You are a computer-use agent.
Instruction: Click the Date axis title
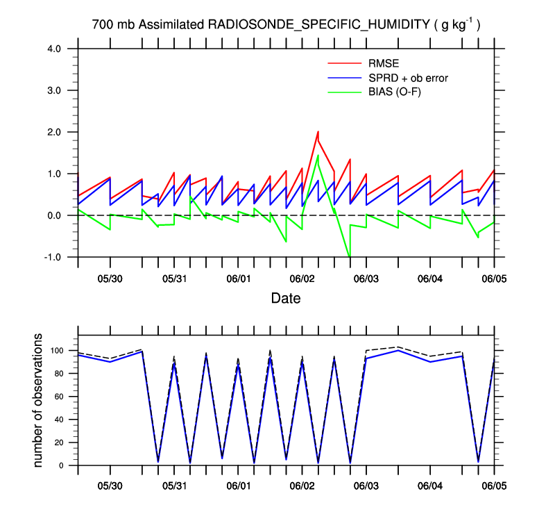point(286,299)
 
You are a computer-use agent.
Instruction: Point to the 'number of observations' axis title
point(39,400)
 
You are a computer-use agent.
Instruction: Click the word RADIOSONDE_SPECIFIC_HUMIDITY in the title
point(318,26)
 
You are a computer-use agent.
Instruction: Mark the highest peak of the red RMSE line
point(318,131)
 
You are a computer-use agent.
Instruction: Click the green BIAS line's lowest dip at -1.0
point(350,256)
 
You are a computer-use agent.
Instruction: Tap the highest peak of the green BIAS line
point(318,155)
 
